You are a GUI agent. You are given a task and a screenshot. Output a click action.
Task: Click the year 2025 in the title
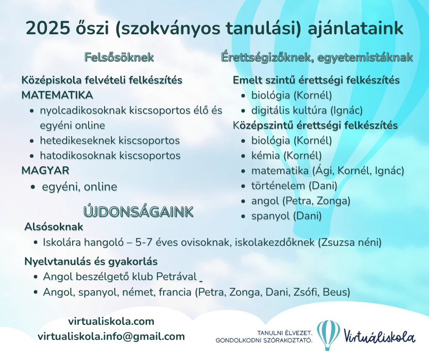[48, 28]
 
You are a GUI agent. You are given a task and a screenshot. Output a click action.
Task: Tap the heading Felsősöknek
[119, 58]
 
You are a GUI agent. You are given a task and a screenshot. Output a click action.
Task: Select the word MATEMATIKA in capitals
[57, 95]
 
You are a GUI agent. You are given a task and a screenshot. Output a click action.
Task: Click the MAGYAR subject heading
[46, 171]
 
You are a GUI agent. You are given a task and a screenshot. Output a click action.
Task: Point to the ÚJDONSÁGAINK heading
[138, 212]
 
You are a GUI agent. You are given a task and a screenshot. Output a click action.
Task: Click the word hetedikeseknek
[78, 141]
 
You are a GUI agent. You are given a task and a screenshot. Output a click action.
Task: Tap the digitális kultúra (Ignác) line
[307, 111]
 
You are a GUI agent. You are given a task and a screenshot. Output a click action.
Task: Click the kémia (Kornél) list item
[287, 156]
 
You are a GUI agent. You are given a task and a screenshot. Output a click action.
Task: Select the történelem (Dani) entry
[294, 186]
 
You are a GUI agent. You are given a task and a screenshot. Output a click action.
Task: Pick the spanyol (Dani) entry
[287, 216]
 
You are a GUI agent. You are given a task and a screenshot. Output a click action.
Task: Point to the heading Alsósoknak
[54, 227]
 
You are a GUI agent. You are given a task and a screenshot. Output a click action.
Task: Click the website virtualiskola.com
[111, 321]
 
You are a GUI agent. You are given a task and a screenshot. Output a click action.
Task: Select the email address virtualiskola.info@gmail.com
[111, 336]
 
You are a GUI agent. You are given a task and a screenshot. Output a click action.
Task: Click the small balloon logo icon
[328, 335]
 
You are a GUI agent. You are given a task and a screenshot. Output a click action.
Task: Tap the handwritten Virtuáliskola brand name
[379, 337]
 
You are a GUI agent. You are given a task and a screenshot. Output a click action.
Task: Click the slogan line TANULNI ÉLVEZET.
[284, 333]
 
